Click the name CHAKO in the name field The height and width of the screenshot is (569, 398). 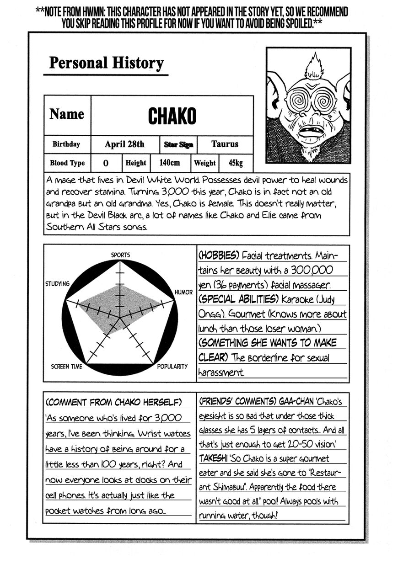point(172,116)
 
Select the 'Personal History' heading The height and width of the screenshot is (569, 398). point(106,63)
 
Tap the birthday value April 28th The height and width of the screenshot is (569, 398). point(124,144)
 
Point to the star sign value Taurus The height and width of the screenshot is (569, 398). point(225,144)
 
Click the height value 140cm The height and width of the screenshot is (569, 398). point(169,163)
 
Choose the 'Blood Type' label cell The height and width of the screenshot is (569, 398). point(67,163)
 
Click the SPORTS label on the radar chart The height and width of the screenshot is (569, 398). point(120,255)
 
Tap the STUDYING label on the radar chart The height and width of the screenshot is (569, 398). point(57,284)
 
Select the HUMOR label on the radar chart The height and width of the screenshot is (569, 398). point(183,292)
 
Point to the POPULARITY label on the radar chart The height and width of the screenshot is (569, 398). point(172,366)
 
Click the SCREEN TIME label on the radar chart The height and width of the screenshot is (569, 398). point(67,366)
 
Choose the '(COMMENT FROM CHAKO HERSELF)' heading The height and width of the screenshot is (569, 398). point(113,402)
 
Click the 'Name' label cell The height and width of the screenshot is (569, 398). point(67,114)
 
